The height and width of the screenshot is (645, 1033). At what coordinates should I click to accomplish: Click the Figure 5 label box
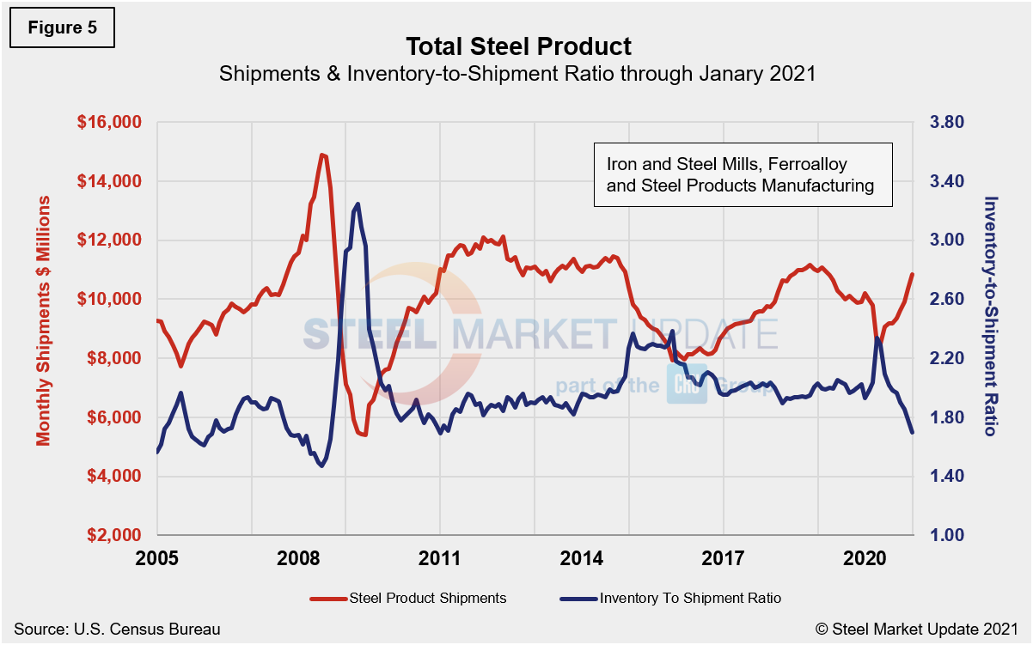click(x=61, y=27)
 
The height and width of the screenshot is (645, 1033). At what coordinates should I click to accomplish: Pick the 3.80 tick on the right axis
click(x=942, y=122)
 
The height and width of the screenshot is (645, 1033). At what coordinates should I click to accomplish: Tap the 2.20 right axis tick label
click(x=942, y=358)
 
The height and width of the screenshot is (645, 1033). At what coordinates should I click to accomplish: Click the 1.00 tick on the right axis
click(x=942, y=535)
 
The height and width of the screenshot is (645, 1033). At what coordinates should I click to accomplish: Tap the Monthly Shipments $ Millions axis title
click(x=43, y=319)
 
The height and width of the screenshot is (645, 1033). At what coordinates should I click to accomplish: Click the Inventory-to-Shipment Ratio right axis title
click(x=990, y=315)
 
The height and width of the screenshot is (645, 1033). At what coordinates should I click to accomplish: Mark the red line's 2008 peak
click(x=322, y=155)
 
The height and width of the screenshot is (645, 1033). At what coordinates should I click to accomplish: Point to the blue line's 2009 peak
click(x=357, y=204)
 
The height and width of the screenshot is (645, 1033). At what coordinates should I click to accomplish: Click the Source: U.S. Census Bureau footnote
click(x=117, y=629)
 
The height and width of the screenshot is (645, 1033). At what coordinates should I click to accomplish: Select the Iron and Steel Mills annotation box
click(x=743, y=174)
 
